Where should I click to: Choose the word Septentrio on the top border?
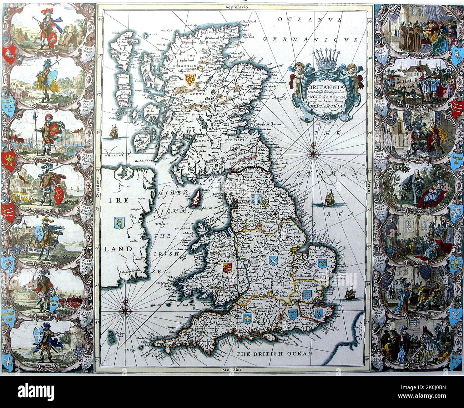point(234,7)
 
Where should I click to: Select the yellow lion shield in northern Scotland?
point(190,79)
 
